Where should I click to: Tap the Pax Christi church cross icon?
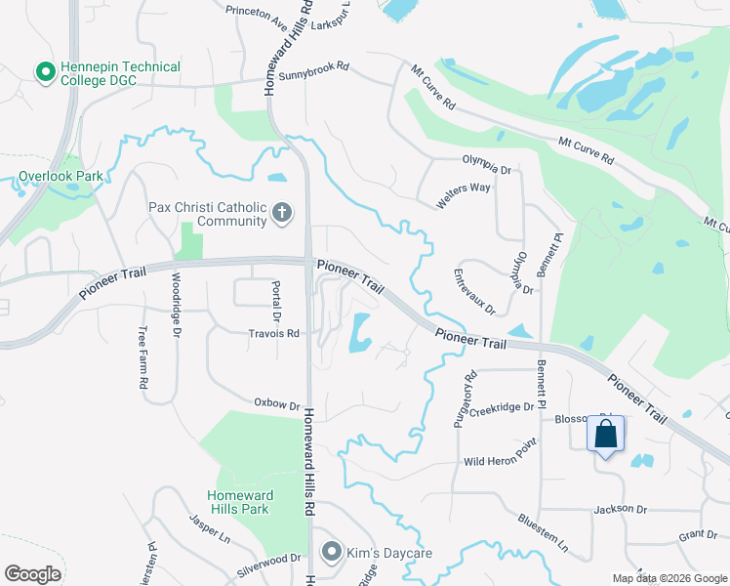282,213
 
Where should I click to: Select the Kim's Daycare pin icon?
333,553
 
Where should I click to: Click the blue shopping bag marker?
605,433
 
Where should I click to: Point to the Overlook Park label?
60,178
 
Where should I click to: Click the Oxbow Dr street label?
275,402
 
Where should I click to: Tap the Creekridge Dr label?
502,408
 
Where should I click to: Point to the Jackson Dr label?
620,509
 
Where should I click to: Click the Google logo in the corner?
32,574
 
